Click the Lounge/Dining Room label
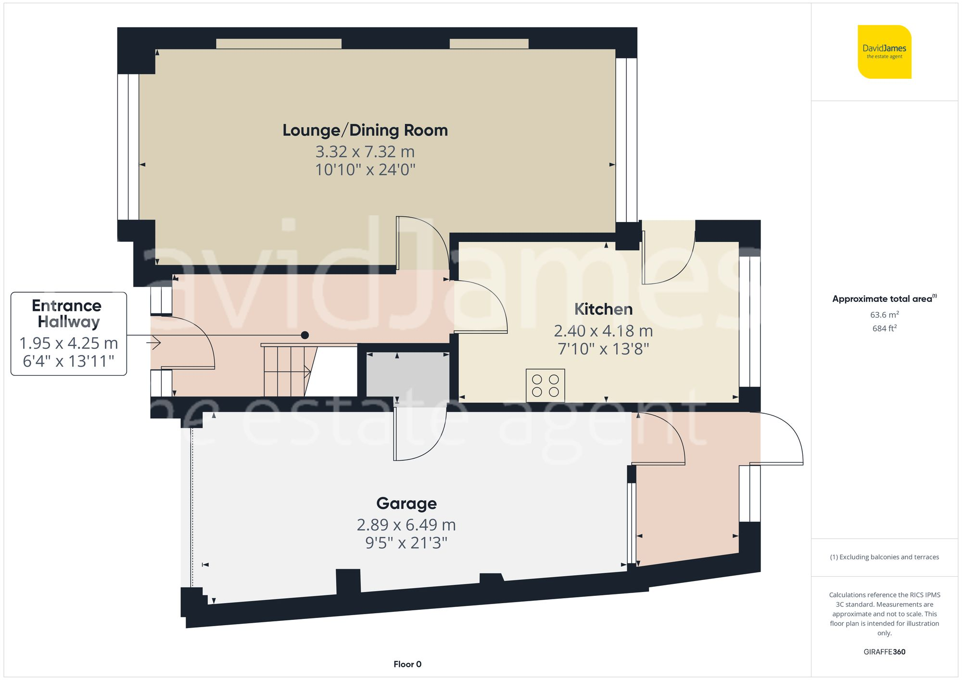(365, 130)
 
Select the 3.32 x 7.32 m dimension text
(365, 152)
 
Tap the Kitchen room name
(603, 309)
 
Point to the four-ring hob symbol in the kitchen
(545, 385)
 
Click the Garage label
(406, 503)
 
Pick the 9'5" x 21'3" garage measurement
(406, 543)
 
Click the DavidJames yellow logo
(884, 52)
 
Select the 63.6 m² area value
(884, 315)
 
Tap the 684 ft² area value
(884, 329)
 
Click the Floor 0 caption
(407, 664)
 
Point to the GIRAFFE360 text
(884, 652)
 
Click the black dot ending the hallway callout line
(304, 335)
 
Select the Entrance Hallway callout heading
(67, 313)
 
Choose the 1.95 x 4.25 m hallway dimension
(68, 343)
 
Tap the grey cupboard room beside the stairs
(407, 375)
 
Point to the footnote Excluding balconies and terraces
(884, 557)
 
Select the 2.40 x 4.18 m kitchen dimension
(603, 331)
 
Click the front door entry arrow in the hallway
(154, 343)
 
